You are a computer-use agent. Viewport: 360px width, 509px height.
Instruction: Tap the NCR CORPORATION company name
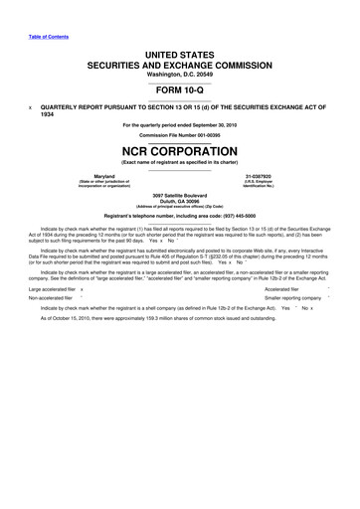click(180, 153)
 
